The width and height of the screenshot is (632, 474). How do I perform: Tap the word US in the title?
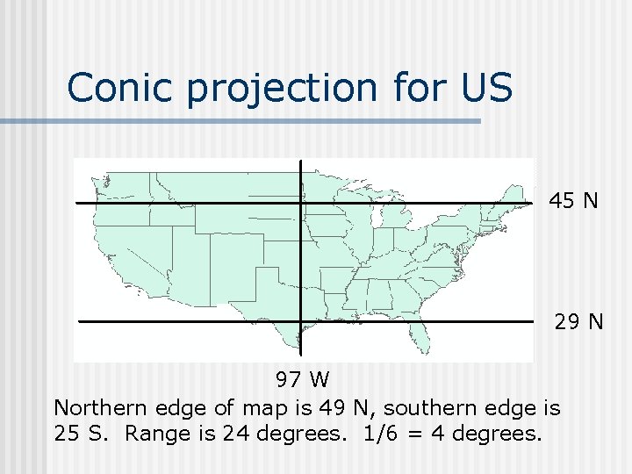click(x=485, y=87)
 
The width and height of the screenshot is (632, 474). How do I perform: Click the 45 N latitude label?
click(x=574, y=201)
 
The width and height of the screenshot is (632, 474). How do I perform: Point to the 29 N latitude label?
click(x=578, y=322)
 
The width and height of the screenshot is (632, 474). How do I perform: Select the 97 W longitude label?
click(x=302, y=380)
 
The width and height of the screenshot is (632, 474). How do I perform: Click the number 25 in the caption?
click(x=67, y=434)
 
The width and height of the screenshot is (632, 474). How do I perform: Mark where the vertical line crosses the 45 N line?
click(x=301, y=203)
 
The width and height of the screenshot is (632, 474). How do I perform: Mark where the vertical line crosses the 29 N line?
click(x=301, y=322)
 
